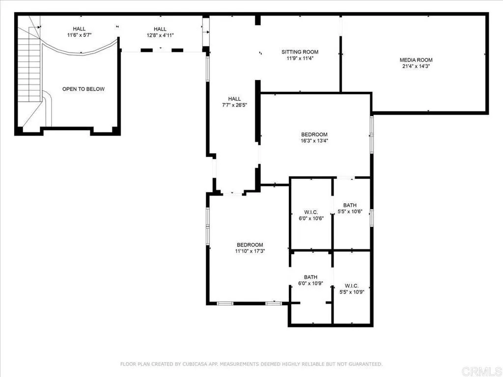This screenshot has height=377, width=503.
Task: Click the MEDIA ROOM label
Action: [416, 60]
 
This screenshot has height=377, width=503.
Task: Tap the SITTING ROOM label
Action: [300, 52]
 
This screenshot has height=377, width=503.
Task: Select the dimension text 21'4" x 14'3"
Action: [416, 66]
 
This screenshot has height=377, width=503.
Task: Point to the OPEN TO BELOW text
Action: [84, 89]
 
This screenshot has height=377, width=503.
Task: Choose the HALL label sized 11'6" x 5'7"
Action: [79, 29]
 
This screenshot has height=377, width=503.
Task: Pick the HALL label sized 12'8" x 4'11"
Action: [160, 29]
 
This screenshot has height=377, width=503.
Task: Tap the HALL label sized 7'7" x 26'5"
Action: [234, 99]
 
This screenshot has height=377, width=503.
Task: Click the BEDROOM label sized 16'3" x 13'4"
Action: [314, 135]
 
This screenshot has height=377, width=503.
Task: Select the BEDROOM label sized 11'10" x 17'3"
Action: [250, 245]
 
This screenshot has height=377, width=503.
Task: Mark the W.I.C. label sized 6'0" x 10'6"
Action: [310, 212]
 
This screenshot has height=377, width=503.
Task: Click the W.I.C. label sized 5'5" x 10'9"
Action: [352, 286]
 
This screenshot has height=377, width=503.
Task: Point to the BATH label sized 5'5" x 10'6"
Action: [350, 205]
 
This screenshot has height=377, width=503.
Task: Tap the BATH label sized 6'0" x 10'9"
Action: [310, 277]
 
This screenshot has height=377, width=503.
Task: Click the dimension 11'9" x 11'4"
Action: [300, 58]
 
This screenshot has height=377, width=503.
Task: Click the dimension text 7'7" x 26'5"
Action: [234, 105]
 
